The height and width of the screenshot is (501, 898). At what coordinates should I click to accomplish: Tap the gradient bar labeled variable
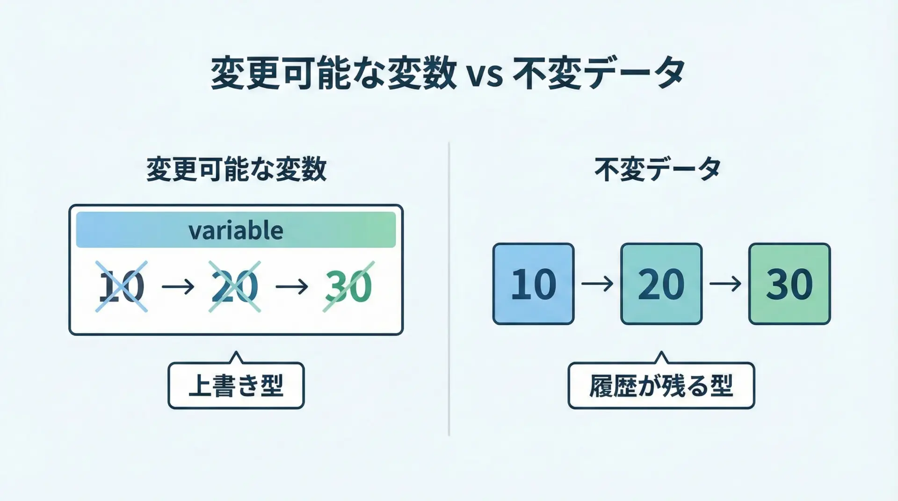(x=236, y=229)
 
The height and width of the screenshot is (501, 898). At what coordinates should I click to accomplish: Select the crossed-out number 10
(x=122, y=286)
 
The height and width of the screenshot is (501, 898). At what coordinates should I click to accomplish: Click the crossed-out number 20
(x=234, y=286)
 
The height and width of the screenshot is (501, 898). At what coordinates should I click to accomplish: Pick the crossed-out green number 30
(x=348, y=286)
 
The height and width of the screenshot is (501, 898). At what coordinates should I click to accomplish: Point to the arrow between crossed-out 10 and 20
(x=178, y=286)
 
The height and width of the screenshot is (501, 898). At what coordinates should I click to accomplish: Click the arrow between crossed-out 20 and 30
(x=292, y=286)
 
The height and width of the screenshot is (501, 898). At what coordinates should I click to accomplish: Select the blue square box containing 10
(x=533, y=284)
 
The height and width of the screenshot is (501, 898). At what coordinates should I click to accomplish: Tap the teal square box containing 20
(x=661, y=284)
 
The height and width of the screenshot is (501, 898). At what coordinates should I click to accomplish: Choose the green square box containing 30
(x=789, y=284)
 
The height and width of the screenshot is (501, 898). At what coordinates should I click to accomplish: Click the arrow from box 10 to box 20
(x=597, y=284)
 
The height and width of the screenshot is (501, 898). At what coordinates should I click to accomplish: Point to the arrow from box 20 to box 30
(x=725, y=284)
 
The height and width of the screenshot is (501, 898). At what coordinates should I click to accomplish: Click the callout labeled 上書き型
(x=236, y=385)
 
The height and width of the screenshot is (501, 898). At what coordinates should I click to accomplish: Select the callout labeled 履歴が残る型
(x=661, y=385)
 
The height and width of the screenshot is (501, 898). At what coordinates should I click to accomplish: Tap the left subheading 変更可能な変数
(x=236, y=169)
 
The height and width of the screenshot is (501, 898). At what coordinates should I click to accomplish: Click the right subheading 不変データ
(x=658, y=169)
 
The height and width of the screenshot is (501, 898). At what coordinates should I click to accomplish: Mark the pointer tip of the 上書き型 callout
(x=237, y=352)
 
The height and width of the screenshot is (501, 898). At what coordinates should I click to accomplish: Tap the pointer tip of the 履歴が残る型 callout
(x=661, y=352)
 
